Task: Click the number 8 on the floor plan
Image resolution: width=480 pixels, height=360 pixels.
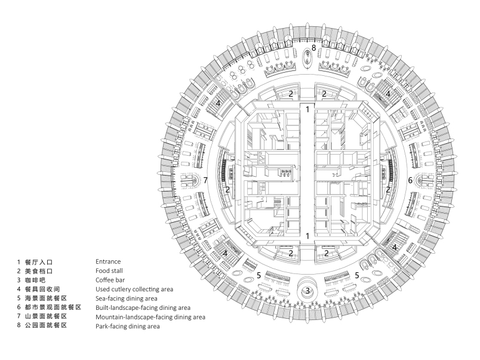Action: tap(313, 48)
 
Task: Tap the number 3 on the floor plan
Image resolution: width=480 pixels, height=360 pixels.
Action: tap(307, 291)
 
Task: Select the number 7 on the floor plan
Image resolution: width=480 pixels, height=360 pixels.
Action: tap(205, 180)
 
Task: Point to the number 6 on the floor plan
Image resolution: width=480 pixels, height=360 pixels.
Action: tap(410, 180)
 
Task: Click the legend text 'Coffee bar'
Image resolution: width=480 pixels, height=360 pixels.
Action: tap(110, 280)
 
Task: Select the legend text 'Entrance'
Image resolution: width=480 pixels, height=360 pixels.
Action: tap(108, 261)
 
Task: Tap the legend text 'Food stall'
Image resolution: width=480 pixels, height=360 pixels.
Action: tap(109, 270)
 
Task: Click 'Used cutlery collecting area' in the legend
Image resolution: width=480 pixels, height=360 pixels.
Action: tap(134, 290)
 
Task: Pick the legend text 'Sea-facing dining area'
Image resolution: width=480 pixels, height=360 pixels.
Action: tap(127, 299)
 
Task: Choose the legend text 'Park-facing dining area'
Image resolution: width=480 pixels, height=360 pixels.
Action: tap(128, 327)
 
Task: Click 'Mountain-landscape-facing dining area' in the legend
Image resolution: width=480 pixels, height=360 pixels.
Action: tap(150, 317)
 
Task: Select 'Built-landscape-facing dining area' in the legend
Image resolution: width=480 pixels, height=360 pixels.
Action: tap(143, 307)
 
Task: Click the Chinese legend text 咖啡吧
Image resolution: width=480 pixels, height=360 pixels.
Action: tap(35, 280)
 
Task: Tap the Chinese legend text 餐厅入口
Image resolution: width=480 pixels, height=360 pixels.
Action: tap(39, 262)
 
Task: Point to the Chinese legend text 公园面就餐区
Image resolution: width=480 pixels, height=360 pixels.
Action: tap(46, 325)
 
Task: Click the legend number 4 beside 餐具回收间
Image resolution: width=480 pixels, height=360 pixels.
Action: tap(19, 290)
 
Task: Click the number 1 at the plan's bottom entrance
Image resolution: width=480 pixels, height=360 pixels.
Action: tap(307, 236)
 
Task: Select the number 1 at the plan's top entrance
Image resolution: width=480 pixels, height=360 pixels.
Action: tap(307, 109)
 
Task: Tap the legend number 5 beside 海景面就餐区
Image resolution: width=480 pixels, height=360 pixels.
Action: tap(19, 298)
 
